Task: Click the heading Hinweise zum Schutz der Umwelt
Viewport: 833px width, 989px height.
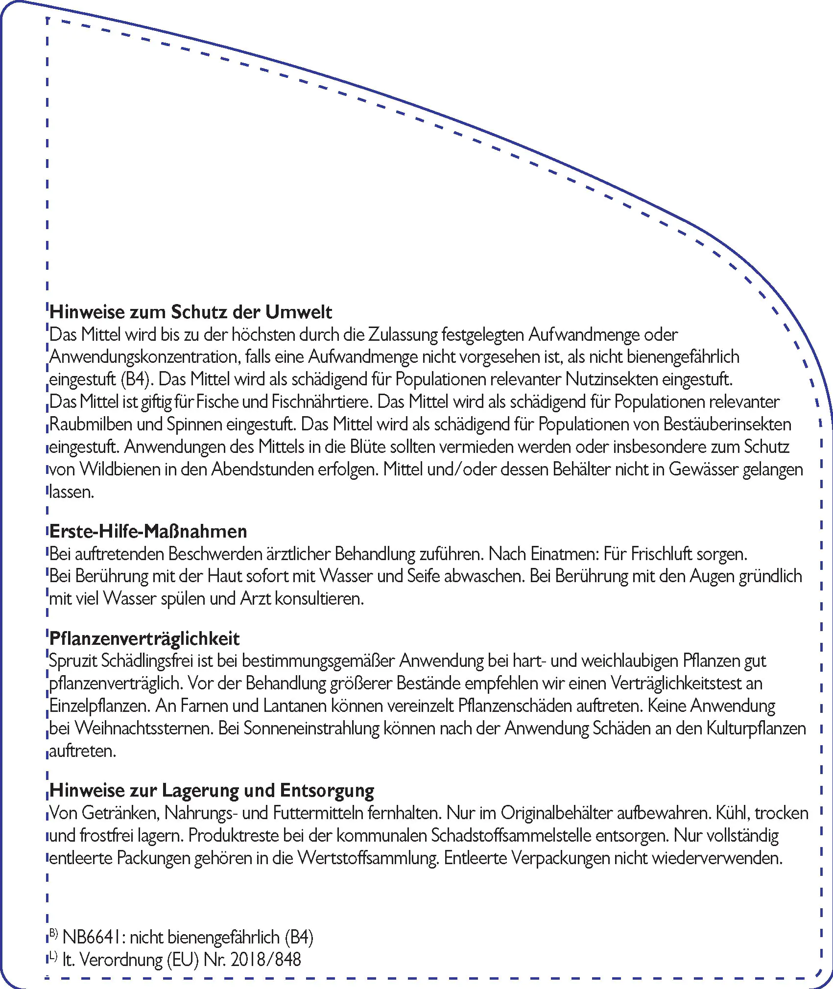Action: click(x=190, y=312)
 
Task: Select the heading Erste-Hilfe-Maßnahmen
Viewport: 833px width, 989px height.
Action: click(x=148, y=531)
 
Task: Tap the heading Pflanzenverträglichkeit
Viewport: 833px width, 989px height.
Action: click(x=144, y=638)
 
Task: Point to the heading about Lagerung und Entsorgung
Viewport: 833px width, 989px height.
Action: click(x=212, y=790)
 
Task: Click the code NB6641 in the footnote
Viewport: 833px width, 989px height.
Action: click(x=94, y=937)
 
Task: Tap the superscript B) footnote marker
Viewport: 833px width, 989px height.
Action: click(x=53, y=933)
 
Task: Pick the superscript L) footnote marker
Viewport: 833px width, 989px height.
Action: click(x=53, y=955)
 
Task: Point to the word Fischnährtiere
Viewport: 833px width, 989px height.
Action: click(x=321, y=402)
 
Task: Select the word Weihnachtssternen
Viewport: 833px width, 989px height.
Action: click(x=144, y=728)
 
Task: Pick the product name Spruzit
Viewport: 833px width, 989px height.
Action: click(x=73, y=661)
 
